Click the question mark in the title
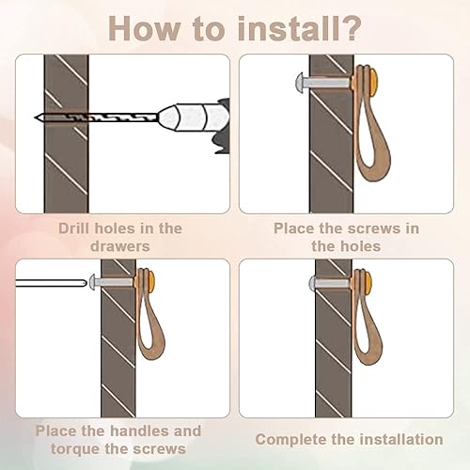(349, 29)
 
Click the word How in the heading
(144, 29)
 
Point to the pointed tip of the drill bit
(35, 117)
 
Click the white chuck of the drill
(193, 117)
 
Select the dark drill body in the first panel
(222, 125)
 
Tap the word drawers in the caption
(120, 246)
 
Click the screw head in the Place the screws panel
(300, 84)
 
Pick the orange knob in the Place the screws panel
(373, 83)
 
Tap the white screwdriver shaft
(51, 283)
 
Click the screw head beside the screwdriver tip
(92, 282)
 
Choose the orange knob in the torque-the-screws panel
(151, 281)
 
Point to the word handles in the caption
(141, 431)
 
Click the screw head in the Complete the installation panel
(312, 283)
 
